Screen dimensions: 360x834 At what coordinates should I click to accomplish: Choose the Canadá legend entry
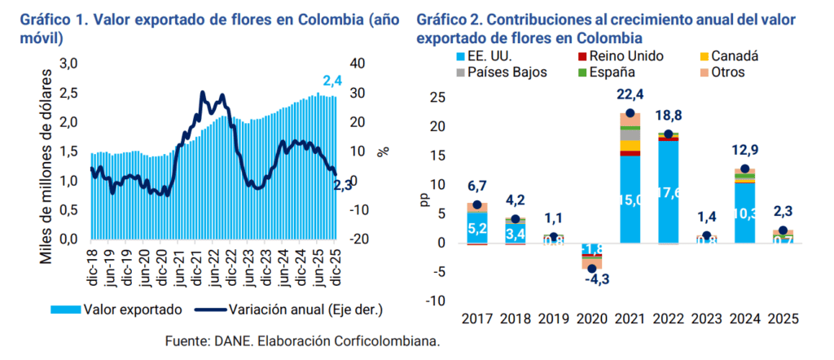pyautogui.click(x=734, y=56)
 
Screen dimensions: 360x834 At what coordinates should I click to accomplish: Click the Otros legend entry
pyautogui.click(x=727, y=72)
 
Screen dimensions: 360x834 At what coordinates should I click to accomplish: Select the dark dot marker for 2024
pyautogui.click(x=744, y=169)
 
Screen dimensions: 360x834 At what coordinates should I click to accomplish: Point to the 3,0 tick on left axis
pyautogui.click(x=69, y=64)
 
